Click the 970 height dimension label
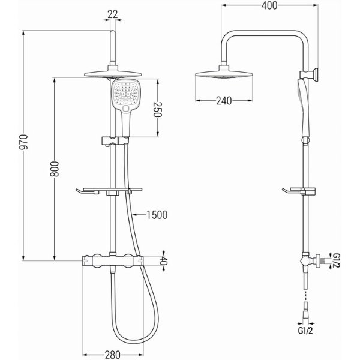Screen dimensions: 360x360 pyautogui.click(x=23, y=142)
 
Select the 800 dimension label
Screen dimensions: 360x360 pyautogui.click(x=55, y=169)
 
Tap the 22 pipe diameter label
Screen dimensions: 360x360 pyautogui.click(x=113, y=14)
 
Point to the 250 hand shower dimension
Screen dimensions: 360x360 pyautogui.click(x=158, y=109)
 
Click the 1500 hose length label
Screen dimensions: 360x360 pyautogui.click(x=157, y=215)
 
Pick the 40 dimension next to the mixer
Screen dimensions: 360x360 pyautogui.click(x=164, y=260)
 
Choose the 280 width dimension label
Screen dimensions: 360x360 pyautogui.click(x=113, y=355)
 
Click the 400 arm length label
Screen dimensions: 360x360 pyautogui.click(x=269, y=6)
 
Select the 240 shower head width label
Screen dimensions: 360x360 pyautogui.click(x=224, y=101)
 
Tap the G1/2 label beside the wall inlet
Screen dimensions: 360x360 pyautogui.click(x=337, y=260)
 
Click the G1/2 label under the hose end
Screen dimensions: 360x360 pyautogui.click(x=305, y=331)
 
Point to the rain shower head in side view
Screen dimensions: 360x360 pyautogui.click(x=224, y=74)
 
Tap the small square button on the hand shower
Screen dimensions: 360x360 pyautogui.click(x=126, y=109)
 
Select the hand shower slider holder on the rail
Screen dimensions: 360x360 pyautogui.click(x=115, y=141)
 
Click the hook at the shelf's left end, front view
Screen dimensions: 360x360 pyautogui.click(x=80, y=192)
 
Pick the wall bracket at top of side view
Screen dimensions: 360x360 pyautogui.click(x=309, y=75)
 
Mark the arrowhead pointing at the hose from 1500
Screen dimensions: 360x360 pyautogui.click(x=136, y=215)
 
